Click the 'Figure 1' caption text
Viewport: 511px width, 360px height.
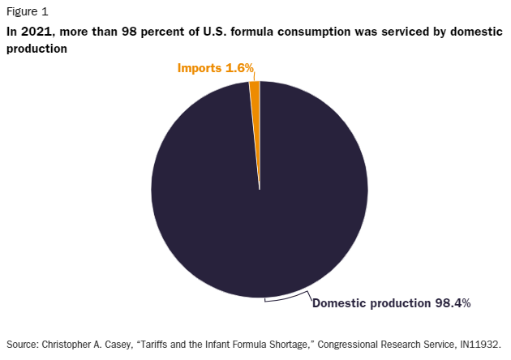[x=27, y=11]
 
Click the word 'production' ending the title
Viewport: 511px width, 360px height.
[x=36, y=49]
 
